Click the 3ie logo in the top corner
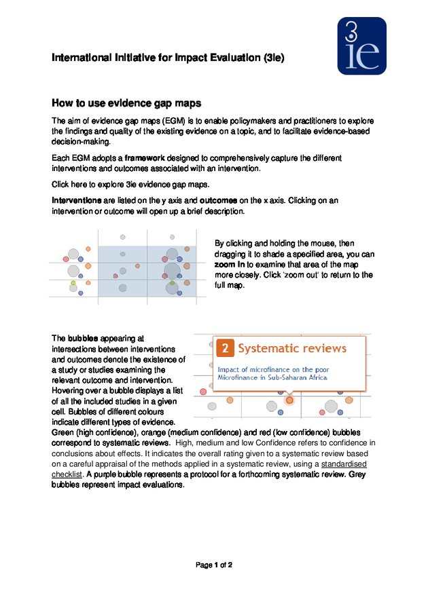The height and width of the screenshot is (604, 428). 361,45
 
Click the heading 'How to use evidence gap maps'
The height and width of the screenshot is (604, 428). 127,103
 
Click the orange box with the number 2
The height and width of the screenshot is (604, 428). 226,349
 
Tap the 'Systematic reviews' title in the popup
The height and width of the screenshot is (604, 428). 293,349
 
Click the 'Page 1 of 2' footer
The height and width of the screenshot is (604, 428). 214,565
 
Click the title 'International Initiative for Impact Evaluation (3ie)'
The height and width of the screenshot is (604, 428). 168,58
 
